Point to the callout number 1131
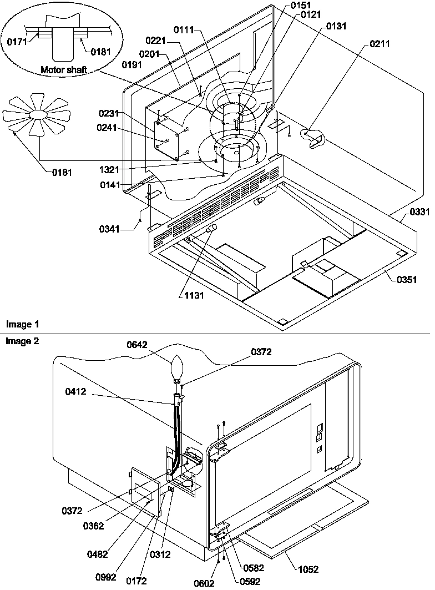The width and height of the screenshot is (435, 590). [x=195, y=295]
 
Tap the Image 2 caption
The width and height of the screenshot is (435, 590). [x=19, y=341]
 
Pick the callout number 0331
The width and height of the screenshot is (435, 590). [x=419, y=213]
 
